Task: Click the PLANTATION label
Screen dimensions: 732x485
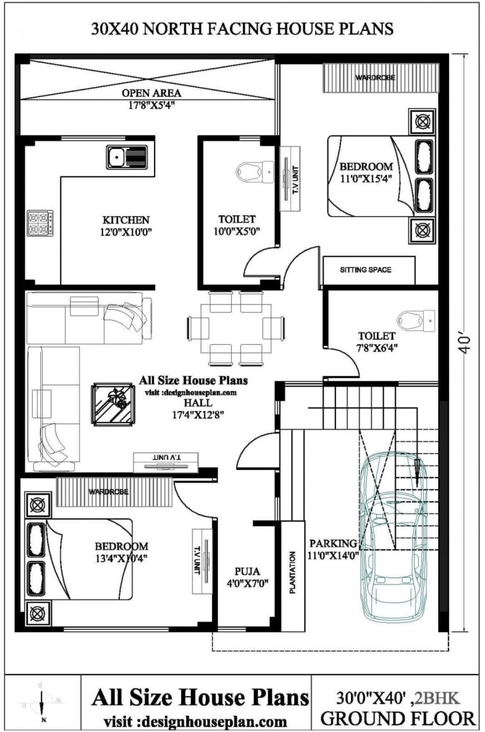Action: (292, 572)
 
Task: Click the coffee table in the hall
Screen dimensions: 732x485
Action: (114, 403)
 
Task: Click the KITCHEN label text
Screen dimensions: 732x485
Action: (126, 220)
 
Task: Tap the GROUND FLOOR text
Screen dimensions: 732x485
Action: (397, 717)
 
